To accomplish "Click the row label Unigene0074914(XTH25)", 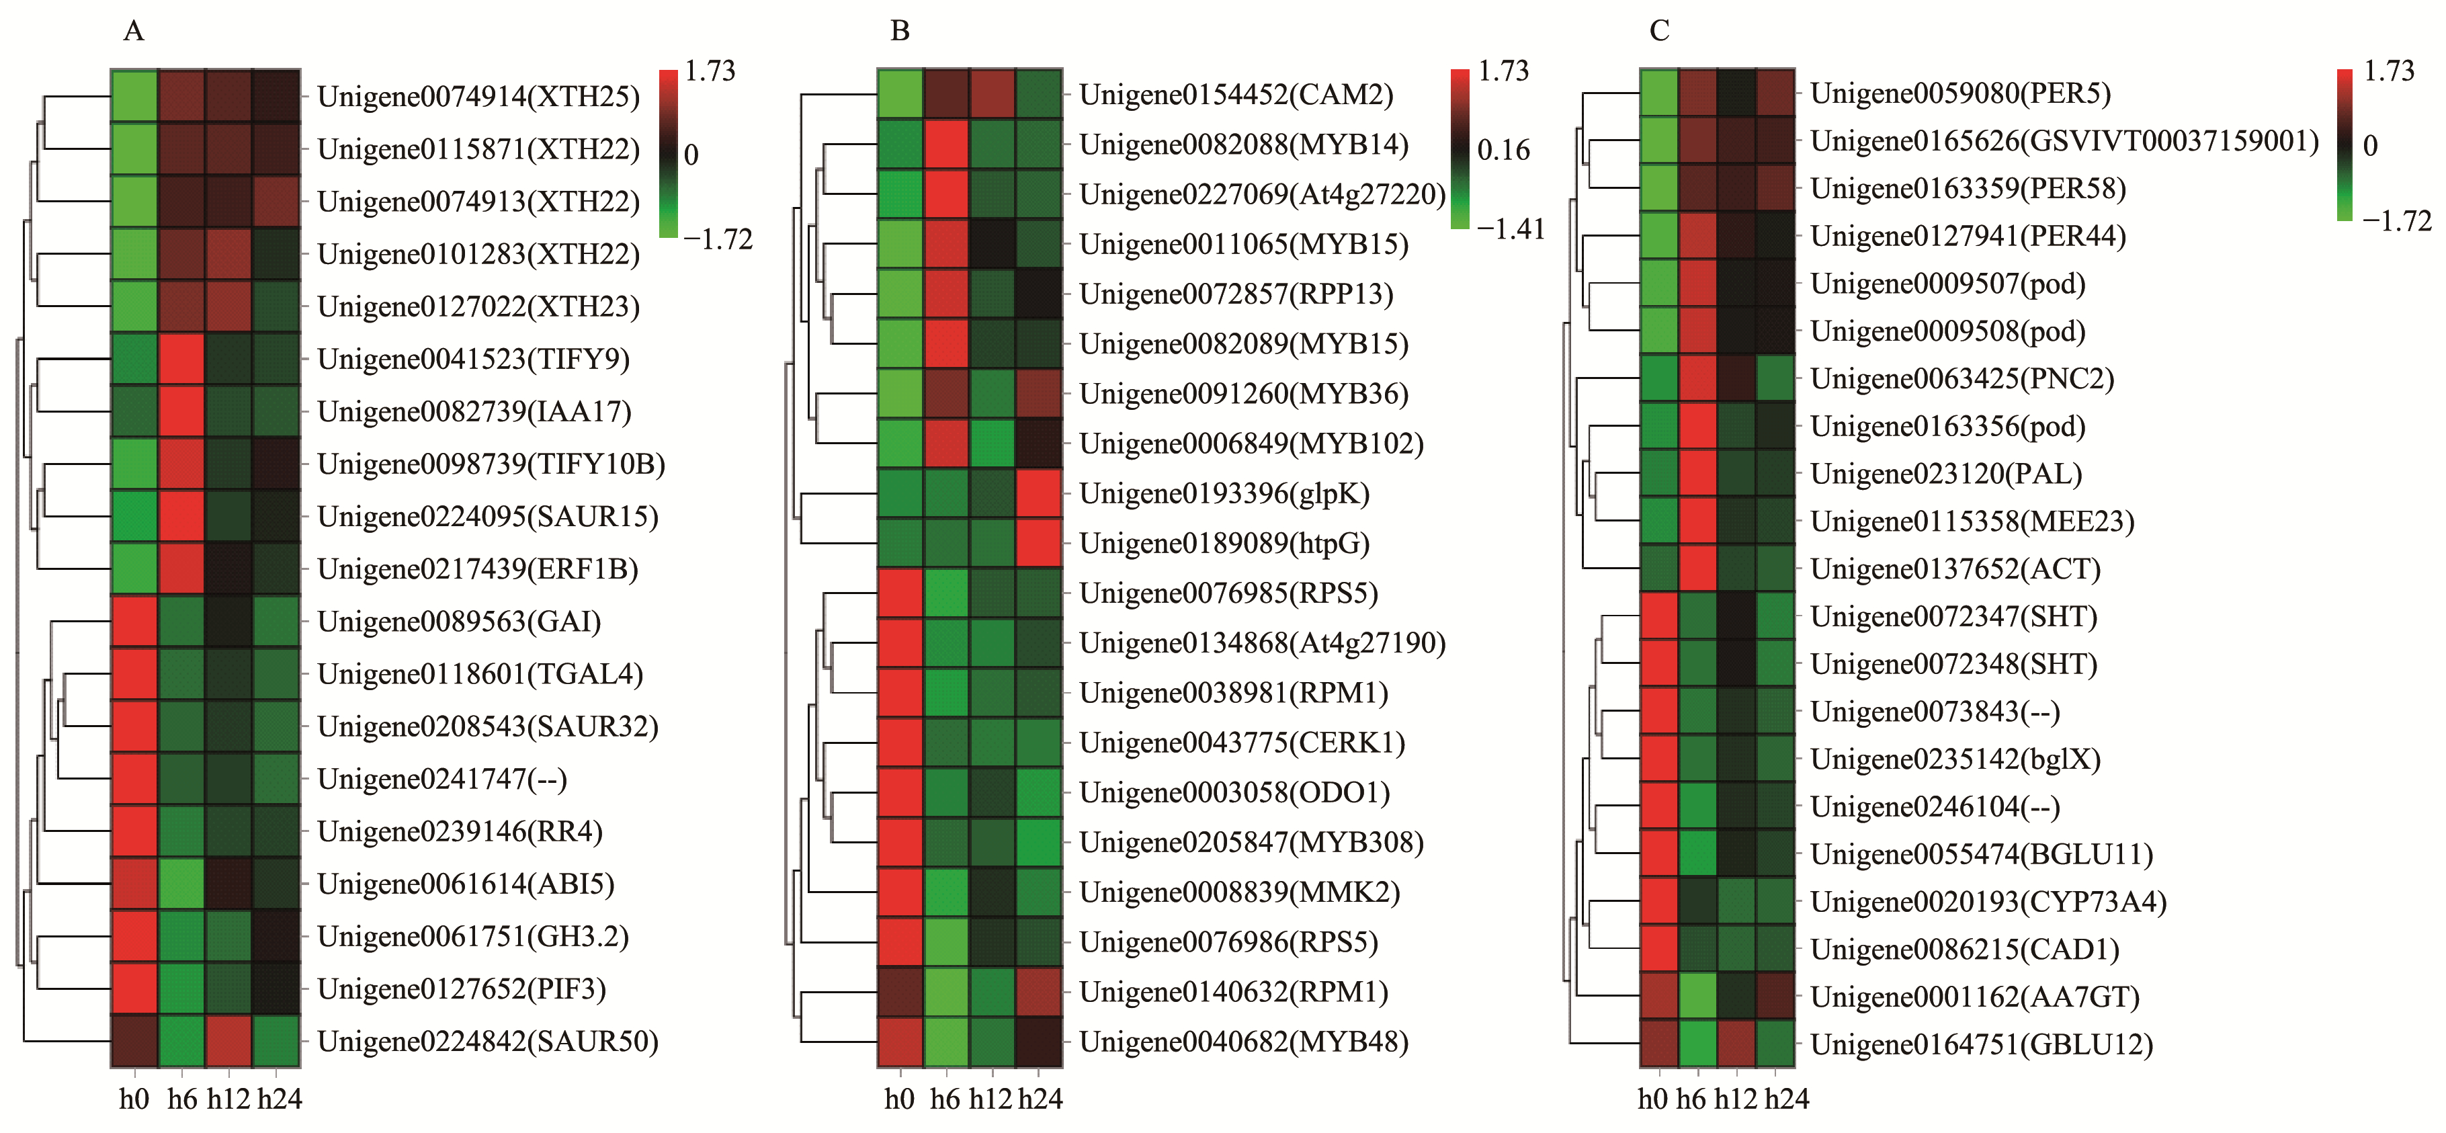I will coord(478,96).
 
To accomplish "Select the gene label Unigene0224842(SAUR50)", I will coord(487,1042).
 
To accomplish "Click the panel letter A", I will coord(134,32).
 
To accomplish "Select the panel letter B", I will coord(899,32).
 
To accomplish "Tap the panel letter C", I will coord(1659,32).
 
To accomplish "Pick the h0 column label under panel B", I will coord(899,1099).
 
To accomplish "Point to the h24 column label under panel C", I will coord(1786,1099).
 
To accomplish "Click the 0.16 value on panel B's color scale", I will coord(1504,150).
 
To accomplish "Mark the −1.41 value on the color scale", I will coord(1511,229).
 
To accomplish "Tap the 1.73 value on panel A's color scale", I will coord(710,71).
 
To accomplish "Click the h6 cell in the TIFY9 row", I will coord(181,359).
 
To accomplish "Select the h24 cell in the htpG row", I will coord(1039,542).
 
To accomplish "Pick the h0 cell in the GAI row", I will coord(134,621).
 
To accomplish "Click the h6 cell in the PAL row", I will coord(1698,473).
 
